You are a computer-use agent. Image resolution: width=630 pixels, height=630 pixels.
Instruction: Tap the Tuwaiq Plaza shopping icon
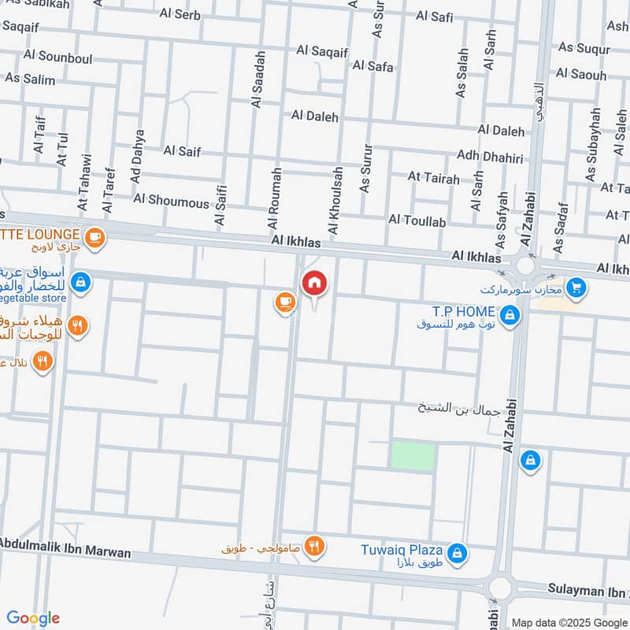click(x=458, y=554)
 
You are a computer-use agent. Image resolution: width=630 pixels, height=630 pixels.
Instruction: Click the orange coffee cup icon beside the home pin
click(x=283, y=302)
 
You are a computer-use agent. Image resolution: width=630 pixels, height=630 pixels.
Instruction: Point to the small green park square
click(x=413, y=457)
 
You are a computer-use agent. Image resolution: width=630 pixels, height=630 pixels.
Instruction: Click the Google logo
click(x=33, y=618)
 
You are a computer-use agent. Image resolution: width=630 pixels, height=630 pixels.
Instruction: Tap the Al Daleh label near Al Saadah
click(x=314, y=117)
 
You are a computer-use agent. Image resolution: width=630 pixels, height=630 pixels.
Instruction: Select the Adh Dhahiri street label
click(x=489, y=158)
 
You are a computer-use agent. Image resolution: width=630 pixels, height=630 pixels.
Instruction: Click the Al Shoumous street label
click(x=171, y=201)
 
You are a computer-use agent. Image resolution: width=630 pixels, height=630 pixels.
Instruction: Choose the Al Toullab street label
click(x=417, y=222)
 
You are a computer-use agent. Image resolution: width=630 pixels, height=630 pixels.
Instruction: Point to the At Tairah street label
click(x=433, y=179)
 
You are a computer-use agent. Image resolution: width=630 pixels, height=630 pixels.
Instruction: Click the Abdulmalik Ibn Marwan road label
click(x=65, y=548)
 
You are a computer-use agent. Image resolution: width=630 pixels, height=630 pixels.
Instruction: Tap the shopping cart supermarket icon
click(x=576, y=289)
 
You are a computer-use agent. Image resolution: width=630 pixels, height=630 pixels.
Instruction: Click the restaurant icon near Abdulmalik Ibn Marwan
click(x=314, y=545)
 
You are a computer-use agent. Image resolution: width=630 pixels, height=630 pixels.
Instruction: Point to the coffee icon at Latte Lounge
click(x=94, y=236)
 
